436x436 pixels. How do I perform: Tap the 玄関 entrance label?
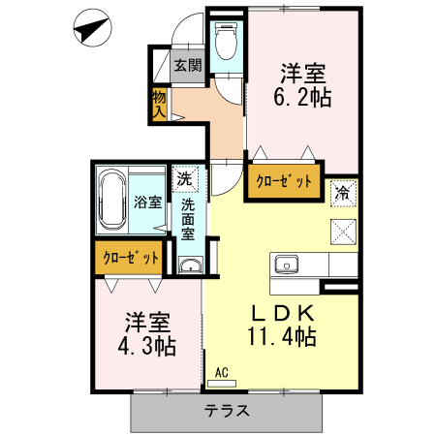point(188,66)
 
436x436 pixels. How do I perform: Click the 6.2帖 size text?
point(302,97)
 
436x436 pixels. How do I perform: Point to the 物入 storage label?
point(159,104)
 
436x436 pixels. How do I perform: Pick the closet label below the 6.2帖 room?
point(284,181)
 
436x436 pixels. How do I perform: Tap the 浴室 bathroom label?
point(147,203)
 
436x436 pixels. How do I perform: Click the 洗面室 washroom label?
point(188,218)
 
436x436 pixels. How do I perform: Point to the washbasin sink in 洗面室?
point(190,266)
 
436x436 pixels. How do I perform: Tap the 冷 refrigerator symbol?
point(342,192)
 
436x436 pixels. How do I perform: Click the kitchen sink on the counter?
point(287,263)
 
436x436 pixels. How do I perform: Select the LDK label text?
point(283,314)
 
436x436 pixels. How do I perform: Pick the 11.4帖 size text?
point(281,337)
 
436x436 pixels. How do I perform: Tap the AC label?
point(221,370)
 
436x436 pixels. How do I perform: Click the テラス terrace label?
point(227,410)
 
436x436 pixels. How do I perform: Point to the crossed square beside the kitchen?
point(343,231)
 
